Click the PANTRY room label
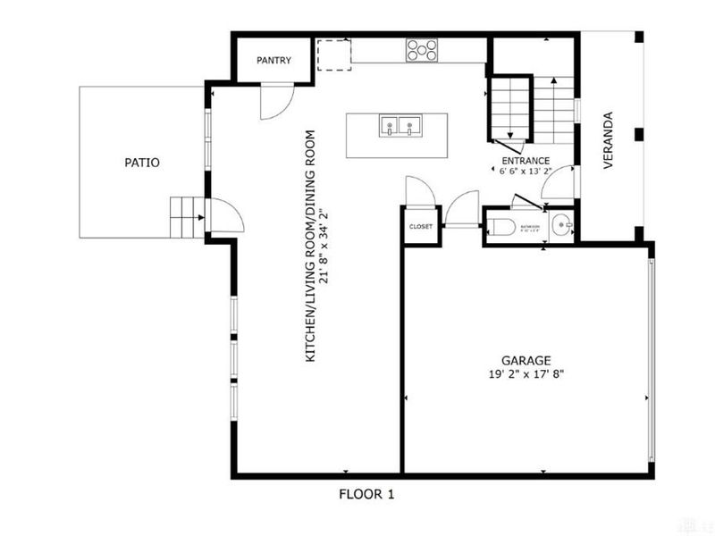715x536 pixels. pyautogui.click(x=272, y=61)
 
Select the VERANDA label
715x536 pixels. pyautogui.click(x=609, y=140)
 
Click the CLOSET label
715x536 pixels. pyautogui.click(x=420, y=227)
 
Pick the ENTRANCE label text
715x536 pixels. pyautogui.click(x=525, y=160)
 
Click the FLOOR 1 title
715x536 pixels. pyautogui.click(x=366, y=493)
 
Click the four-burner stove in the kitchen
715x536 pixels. pyautogui.click(x=421, y=49)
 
